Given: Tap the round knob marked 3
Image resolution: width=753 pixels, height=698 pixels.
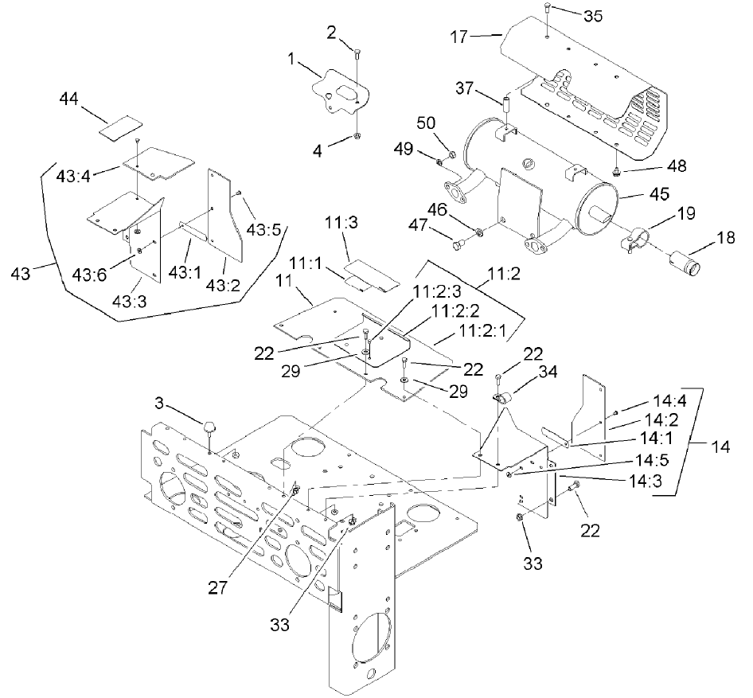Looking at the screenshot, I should (x=211, y=428).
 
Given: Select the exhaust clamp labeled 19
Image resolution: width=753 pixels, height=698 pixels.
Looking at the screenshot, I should (x=638, y=239).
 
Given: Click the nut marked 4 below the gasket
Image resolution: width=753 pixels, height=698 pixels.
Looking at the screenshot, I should (x=357, y=138).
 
